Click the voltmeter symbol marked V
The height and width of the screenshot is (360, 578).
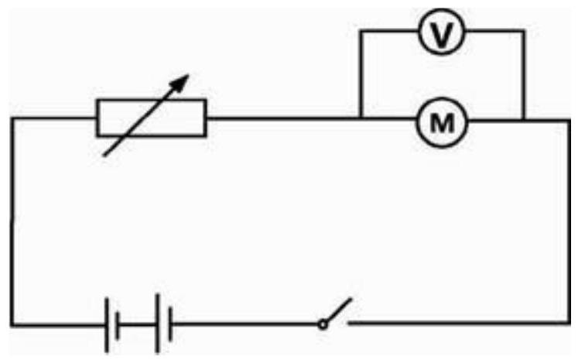pos(442,31)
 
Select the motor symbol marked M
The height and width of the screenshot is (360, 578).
pos(442,122)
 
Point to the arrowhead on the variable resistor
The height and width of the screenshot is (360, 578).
pos(180,83)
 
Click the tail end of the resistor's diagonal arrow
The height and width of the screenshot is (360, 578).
pos(104,156)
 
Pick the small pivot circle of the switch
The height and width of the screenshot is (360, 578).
pos(323,324)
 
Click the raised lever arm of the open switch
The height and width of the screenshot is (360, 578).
pos(339,310)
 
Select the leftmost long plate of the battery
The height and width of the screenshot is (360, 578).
pos(107,325)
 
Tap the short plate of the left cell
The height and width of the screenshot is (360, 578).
pos(118,326)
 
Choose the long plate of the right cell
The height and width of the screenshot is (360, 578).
pos(158,323)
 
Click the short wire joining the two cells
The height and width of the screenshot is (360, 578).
pos(138,325)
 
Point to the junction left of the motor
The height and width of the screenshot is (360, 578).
pos(361,118)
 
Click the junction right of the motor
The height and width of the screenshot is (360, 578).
pos(523,119)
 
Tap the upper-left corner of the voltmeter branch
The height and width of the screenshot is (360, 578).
pos(361,31)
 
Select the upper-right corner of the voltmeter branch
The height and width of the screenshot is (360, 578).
pos(523,31)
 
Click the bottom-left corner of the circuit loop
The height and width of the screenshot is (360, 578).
pos(12,325)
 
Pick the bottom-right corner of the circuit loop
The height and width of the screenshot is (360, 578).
pos(569,323)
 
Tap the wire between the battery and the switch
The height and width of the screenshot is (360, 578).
pos(245,324)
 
